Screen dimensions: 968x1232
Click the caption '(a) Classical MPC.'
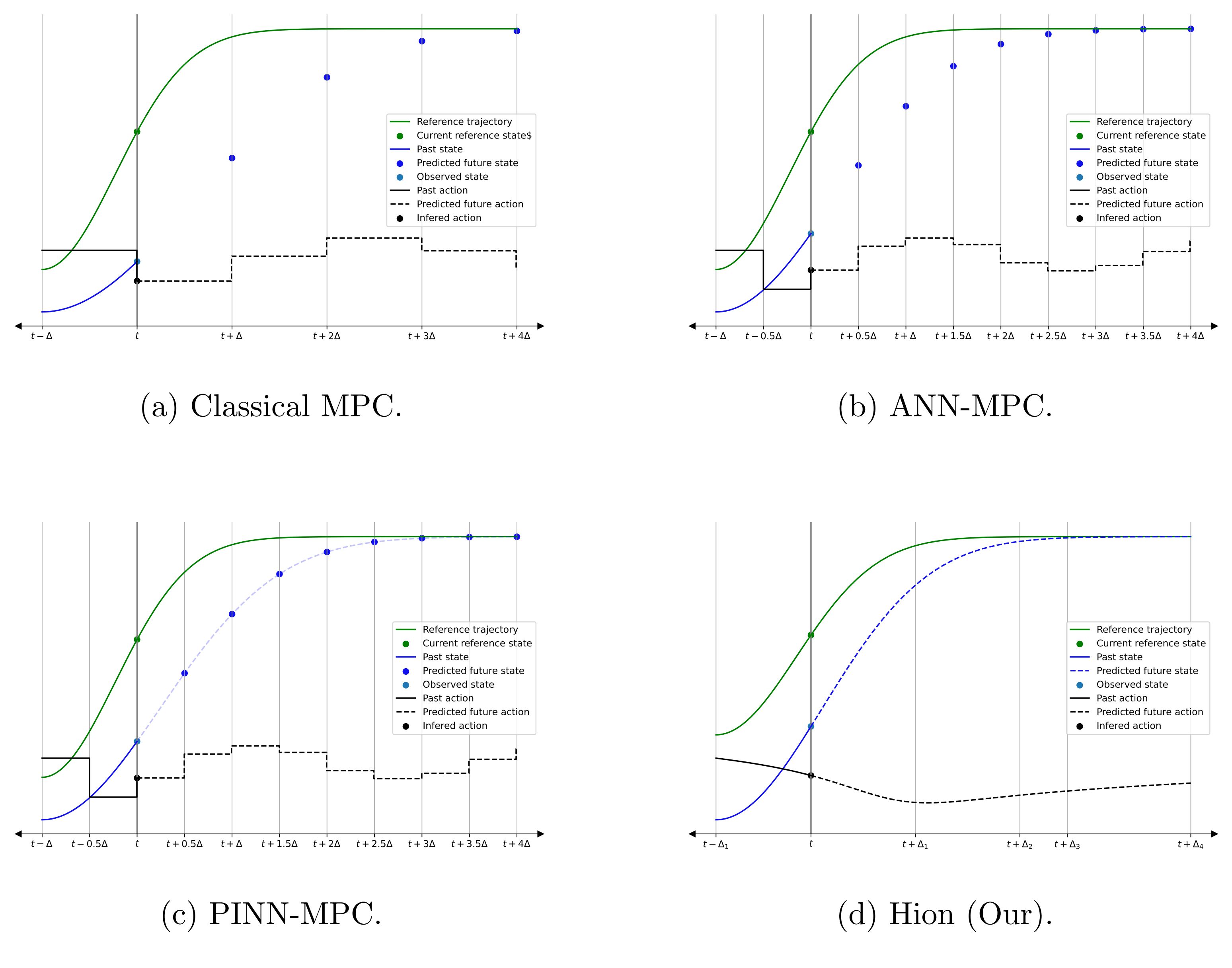(271, 406)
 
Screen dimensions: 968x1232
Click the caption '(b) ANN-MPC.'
(945, 406)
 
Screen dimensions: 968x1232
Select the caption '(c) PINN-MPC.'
(271, 914)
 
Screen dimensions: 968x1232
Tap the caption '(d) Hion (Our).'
(945, 914)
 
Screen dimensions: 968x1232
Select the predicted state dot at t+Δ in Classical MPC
(232, 158)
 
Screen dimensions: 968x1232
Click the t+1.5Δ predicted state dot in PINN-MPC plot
(279, 574)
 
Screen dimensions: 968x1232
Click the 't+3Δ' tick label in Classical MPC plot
(422, 336)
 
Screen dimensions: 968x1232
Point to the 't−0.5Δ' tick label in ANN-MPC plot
(763, 336)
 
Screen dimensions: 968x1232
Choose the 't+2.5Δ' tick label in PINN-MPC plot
(374, 844)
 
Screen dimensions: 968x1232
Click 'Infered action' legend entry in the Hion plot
(1128, 726)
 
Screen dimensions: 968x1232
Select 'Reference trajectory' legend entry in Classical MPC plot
(464, 122)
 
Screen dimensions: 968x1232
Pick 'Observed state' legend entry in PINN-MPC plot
(458, 685)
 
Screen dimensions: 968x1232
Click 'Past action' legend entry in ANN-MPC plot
(1121, 190)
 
